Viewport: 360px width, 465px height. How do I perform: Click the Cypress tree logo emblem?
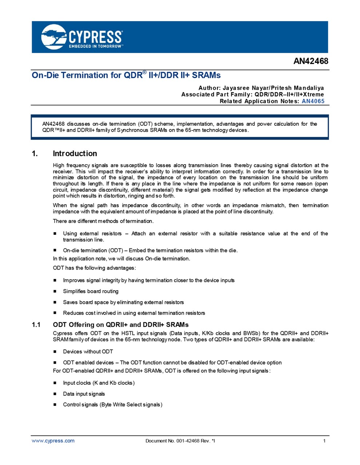click(54, 37)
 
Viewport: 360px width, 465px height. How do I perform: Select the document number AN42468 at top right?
click(311, 61)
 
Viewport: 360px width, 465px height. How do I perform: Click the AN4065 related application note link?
click(313, 101)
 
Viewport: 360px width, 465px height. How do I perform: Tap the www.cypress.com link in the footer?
click(53, 441)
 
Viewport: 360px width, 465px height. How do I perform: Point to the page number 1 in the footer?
click(324, 441)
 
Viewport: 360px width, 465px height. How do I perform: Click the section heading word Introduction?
click(75, 153)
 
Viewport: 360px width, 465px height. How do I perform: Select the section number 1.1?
click(36, 324)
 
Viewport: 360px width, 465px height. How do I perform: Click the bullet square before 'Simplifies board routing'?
click(55, 291)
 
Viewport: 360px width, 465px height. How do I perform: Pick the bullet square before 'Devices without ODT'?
click(55, 352)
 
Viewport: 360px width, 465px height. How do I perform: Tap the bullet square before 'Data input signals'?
click(55, 394)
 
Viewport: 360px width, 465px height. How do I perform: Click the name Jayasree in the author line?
click(236, 88)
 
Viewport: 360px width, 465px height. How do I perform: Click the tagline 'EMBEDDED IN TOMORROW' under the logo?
click(96, 46)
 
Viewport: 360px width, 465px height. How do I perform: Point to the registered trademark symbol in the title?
click(144, 73)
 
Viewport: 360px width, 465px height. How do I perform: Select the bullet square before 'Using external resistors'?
click(55, 234)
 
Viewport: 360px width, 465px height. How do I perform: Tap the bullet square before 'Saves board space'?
click(55, 302)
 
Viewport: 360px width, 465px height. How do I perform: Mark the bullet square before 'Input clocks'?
click(55, 383)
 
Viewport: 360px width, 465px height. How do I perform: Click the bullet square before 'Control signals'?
click(55, 405)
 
